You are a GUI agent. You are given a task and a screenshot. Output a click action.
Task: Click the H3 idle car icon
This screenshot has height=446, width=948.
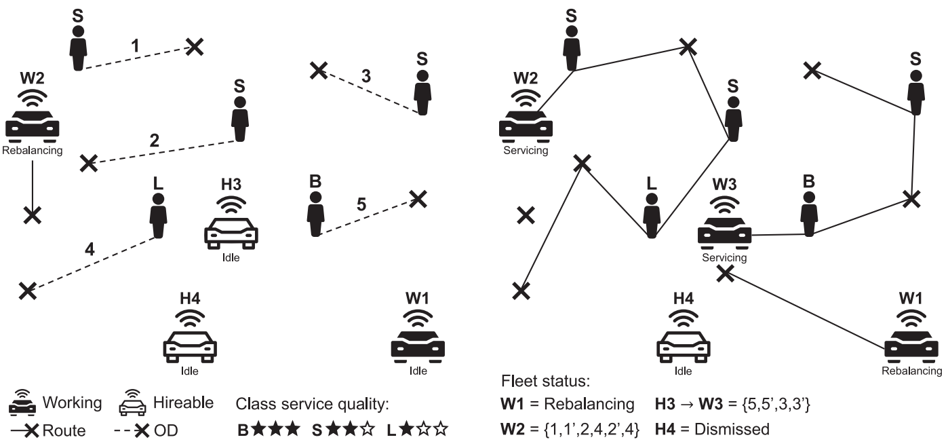[x=231, y=229]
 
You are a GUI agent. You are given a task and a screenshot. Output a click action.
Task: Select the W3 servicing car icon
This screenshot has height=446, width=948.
[x=725, y=229]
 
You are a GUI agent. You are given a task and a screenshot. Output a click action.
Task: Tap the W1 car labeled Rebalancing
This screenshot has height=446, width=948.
[x=911, y=343]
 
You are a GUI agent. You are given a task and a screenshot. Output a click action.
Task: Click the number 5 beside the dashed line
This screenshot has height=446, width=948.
[x=361, y=204]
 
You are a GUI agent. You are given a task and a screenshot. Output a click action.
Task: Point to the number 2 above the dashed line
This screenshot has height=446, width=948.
[x=154, y=141]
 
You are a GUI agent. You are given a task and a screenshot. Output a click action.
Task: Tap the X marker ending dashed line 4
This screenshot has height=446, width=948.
[x=27, y=290]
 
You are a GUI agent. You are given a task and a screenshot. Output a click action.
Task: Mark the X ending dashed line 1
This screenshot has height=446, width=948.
[x=195, y=47]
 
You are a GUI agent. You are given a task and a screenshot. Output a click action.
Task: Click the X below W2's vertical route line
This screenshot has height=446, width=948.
[x=32, y=215]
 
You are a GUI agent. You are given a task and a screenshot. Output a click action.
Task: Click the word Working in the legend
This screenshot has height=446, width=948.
[x=73, y=403]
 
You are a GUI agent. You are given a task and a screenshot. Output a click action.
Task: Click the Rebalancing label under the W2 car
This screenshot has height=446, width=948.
[x=33, y=151]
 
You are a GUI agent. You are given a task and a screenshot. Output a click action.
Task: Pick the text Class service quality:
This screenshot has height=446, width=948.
[x=312, y=405]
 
